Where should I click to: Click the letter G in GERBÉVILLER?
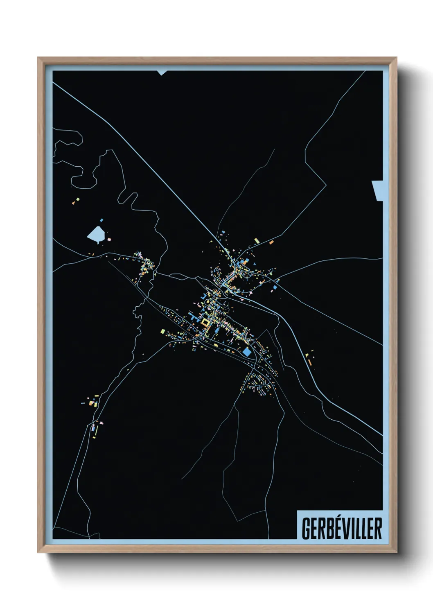(306, 529)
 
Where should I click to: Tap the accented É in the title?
(333, 528)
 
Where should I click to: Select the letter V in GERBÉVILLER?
(342, 529)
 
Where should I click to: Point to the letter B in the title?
(324, 529)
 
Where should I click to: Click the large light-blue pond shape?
(96, 234)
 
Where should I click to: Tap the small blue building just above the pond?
(101, 220)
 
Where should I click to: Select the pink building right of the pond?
(109, 238)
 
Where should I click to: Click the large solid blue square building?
(247, 352)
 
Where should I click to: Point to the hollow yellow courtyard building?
(205, 323)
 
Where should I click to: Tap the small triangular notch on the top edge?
(162, 73)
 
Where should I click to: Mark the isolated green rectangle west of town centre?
(162, 331)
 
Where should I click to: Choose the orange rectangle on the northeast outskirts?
(271, 242)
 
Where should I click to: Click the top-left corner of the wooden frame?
(38, 58)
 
